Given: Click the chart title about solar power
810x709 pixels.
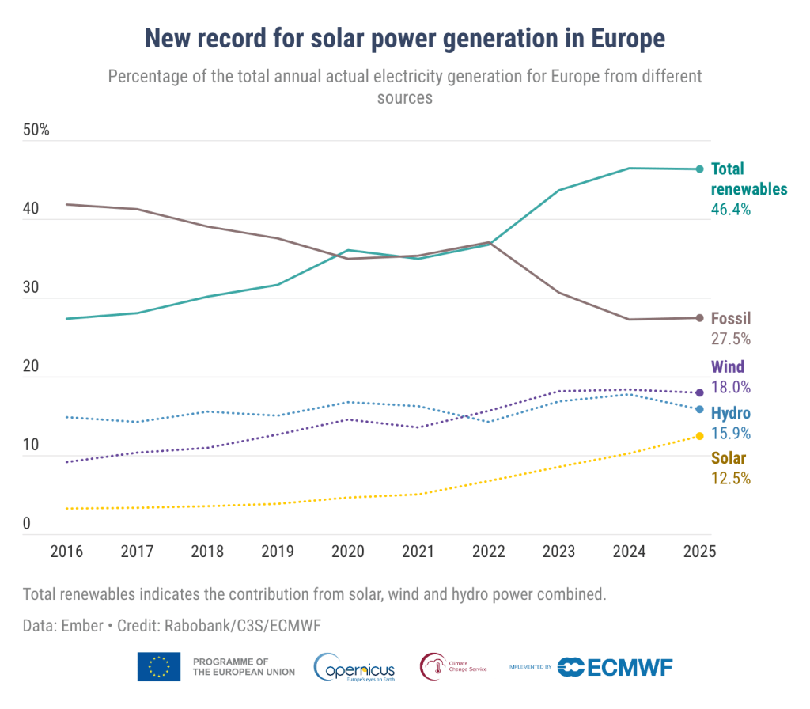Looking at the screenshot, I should click(x=404, y=37).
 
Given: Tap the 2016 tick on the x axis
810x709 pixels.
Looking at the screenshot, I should click(x=67, y=552).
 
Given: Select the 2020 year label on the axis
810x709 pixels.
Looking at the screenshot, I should click(x=348, y=552).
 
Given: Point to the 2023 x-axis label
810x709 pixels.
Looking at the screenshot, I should click(x=559, y=552).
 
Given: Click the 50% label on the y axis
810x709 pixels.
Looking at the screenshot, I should click(x=36, y=130).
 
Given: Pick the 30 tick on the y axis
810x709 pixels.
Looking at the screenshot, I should click(x=32, y=287).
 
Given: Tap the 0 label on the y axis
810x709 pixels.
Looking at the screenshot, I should click(x=27, y=524).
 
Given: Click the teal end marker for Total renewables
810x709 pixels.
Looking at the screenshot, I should click(x=699, y=169).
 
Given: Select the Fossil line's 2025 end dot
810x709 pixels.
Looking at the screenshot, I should click(x=699, y=318).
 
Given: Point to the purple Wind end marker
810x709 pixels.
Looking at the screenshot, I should click(x=699, y=392).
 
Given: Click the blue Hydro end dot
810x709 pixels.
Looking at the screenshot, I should click(x=699, y=409).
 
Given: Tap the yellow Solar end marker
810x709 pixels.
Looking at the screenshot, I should click(x=699, y=436).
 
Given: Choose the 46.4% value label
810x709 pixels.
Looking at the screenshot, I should click(x=731, y=210).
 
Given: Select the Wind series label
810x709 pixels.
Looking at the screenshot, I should click(x=728, y=367).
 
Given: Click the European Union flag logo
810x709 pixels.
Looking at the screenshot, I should click(x=158, y=666).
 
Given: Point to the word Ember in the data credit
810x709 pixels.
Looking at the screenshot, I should click(x=83, y=625).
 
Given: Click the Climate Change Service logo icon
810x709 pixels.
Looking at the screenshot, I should click(x=433, y=666).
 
